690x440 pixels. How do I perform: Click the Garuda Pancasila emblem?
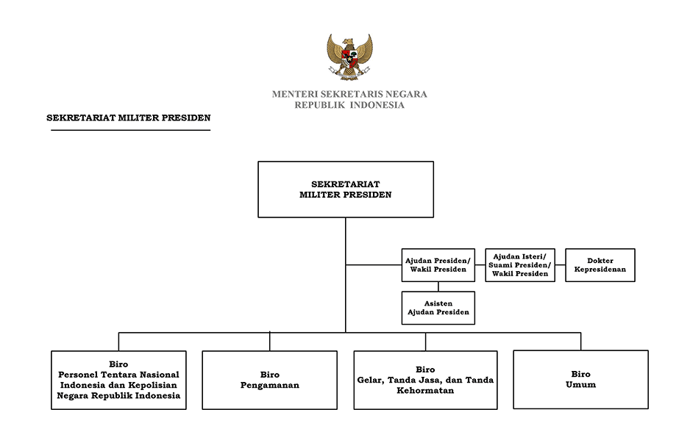point(349,57)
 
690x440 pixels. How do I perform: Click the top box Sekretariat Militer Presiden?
point(346,190)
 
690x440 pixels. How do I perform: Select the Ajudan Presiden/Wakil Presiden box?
point(438,265)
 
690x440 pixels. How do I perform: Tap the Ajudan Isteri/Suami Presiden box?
point(519,265)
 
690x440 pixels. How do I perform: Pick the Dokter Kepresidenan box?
point(600,265)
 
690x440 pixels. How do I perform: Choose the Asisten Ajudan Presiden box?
point(438,308)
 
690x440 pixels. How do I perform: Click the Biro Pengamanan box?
point(269,380)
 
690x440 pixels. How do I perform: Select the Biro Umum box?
point(580,379)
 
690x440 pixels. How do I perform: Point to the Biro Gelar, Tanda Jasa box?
point(425,380)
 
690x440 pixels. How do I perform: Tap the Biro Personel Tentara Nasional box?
point(118,380)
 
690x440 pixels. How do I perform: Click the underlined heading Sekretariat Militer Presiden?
point(129,118)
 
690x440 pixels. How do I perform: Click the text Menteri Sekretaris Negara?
point(349,94)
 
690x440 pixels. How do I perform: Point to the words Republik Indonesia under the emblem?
point(349,105)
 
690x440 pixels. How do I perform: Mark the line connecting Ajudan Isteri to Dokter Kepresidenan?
point(561,265)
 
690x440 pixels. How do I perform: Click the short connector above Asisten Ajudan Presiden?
point(438,286)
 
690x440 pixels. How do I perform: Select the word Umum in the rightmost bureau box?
point(580,385)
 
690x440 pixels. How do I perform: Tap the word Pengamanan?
point(269,386)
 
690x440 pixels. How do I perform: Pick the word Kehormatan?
point(425,390)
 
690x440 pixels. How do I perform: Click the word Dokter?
point(600,261)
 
